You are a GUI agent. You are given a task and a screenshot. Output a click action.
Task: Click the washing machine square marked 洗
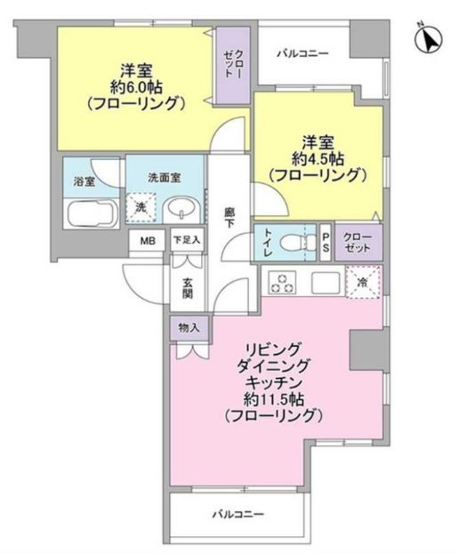[141, 207]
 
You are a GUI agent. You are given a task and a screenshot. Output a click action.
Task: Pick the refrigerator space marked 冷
[365, 282]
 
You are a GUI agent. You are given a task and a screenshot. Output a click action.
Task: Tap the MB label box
[145, 240]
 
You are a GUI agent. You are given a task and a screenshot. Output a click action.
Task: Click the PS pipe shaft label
[325, 240]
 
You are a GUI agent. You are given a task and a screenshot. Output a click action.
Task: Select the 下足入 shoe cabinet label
[186, 240]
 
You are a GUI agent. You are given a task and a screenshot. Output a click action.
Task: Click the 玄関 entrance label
[188, 290]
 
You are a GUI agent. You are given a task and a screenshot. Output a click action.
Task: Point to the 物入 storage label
[188, 327]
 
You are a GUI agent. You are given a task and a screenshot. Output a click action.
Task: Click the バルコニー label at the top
[301, 54]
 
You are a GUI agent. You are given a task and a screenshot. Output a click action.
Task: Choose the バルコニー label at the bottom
[238, 513]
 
